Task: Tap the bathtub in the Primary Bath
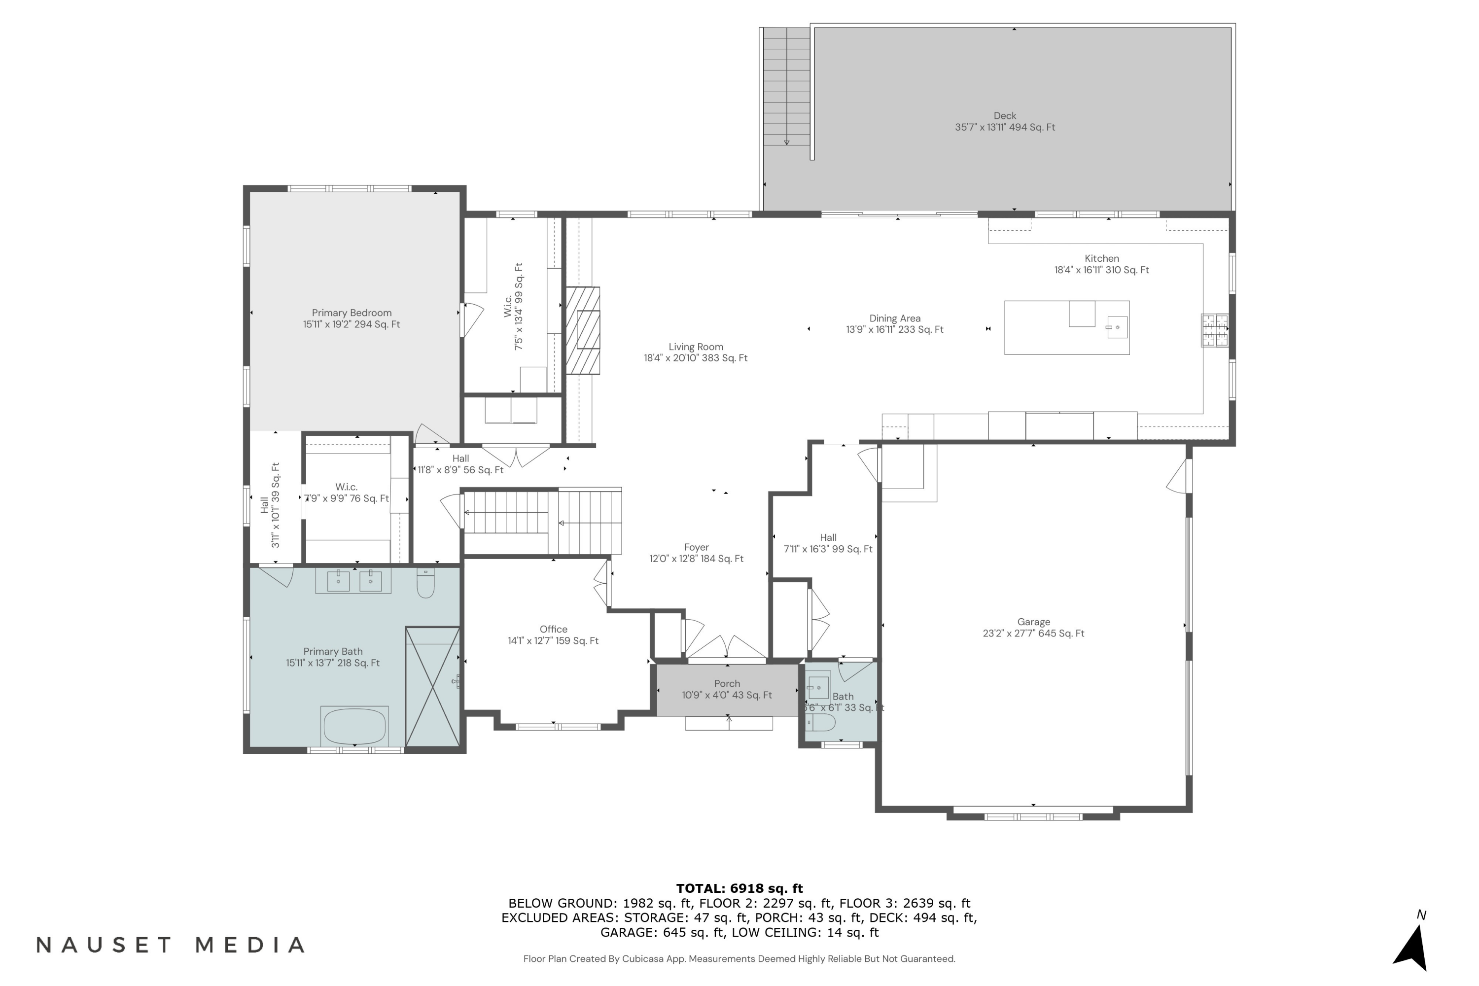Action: pos(354,726)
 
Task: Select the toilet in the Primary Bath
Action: pos(426,583)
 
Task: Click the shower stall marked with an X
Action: pos(433,687)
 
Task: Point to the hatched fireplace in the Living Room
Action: pos(583,331)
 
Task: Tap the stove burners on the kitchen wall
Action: pos(1215,330)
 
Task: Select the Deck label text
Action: pos(1005,121)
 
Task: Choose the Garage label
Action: pos(1034,628)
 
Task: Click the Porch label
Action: pos(727,689)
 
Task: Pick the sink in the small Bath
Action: pos(819,687)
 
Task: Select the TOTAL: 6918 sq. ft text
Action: pos(739,888)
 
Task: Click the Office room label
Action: pos(553,635)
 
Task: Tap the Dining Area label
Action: pos(895,324)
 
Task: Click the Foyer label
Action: pos(696,553)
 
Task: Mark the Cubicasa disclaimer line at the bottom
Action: pos(739,959)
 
